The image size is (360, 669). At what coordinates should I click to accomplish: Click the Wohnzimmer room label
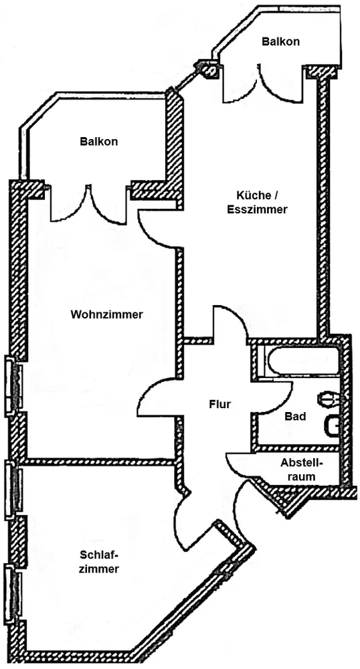[x=106, y=315]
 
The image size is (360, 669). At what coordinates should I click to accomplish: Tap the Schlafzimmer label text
[x=100, y=562]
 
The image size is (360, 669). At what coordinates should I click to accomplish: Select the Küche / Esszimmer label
[x=257, y=202]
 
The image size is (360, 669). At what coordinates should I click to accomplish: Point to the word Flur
[x=220, y=404]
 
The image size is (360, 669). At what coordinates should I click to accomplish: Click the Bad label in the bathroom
[x=295, y=416]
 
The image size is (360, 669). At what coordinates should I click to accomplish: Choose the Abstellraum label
[x=302, y=470]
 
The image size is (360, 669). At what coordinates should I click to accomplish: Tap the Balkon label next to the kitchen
[x=280, y=41]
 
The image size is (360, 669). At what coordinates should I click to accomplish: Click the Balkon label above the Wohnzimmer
[x=98, y=142]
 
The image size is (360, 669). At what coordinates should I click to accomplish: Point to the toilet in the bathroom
[x=331, y=401]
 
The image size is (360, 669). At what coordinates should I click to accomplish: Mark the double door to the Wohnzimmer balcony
[x=88, y=204]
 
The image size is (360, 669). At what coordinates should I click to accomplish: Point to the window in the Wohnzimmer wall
[x=13, y=385]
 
